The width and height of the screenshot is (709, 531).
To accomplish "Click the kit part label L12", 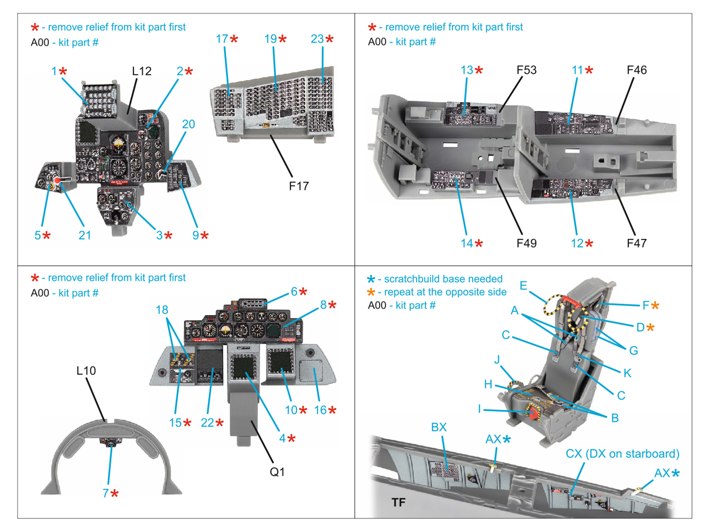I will coord(142,71).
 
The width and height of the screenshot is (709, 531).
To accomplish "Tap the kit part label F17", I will coord(299,186).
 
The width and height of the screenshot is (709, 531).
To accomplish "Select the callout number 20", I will coord(188,124).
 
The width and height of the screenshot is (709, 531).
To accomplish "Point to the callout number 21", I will coord(85,235).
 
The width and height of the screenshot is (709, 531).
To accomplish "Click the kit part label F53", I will coord(526,70).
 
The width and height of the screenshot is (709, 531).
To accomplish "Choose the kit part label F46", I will coord(636,70).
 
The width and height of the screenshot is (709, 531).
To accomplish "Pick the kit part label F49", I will coord(526,243).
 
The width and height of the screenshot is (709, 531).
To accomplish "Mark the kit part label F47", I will coord(636,243).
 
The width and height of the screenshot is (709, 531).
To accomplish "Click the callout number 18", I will coord(162,310).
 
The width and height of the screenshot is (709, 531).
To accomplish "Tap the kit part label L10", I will coord(86,371).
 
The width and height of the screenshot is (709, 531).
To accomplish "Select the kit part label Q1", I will coord(277,472).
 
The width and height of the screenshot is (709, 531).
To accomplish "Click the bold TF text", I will coord(398,502).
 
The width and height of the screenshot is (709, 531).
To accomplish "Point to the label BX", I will coord(439,427).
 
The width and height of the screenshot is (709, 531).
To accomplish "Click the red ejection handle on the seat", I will coord(533,413).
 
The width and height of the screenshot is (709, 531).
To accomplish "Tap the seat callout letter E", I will coord(523,286).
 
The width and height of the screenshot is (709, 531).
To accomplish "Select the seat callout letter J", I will coord(497,359).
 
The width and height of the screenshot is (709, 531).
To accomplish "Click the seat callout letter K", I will coord(627,373).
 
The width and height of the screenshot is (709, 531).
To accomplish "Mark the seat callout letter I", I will coord(479,409).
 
